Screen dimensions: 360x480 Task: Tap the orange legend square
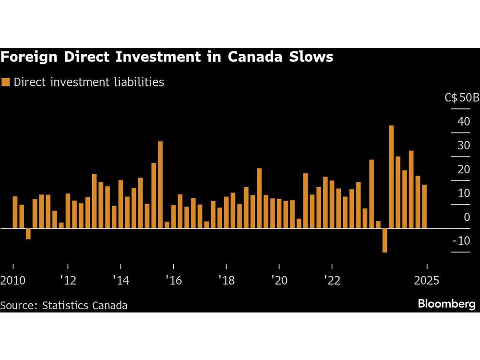(x=6, y=82)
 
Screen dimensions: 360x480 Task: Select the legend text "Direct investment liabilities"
(x=89, y=82)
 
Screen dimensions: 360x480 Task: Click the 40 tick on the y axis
(x=464, y=121)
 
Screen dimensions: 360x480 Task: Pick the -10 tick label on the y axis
(x=462, y=240)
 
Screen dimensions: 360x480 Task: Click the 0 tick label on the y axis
(x=467, y=217)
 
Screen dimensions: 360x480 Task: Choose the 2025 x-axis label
(x=427, y=280)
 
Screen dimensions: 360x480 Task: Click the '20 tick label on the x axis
(x=279, y=280)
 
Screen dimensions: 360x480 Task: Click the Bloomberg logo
(x=446, y=304)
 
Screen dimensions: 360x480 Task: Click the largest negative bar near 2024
(x=384, y=240)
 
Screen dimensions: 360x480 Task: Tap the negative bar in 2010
(x=28, y=234)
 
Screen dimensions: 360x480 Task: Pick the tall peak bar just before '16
(x=160, y=185)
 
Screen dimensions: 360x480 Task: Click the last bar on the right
(x=424, y=206)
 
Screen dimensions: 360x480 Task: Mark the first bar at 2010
(x=15, y=212)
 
